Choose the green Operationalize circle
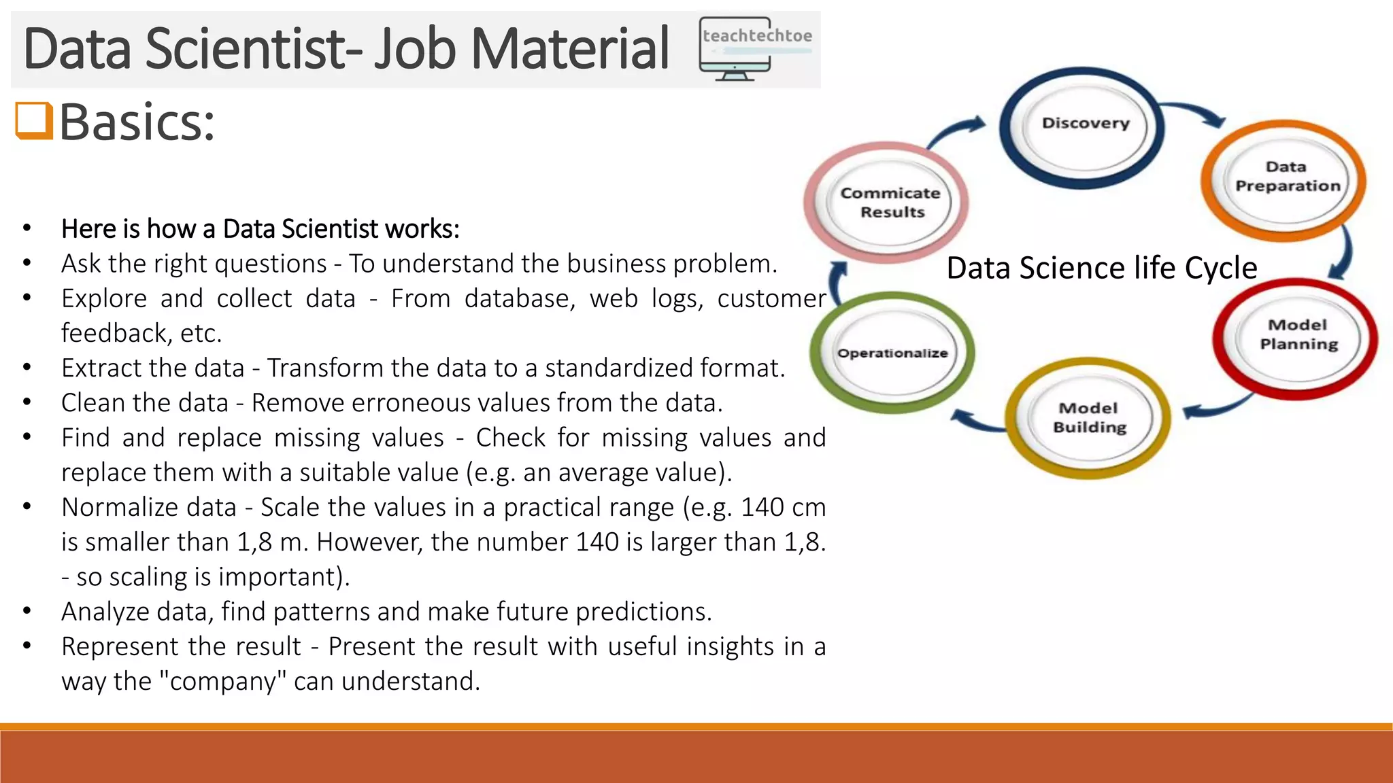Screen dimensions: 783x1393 pos(892,353)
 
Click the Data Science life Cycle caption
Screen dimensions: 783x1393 pos(1101,268)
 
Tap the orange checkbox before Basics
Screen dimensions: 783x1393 pos(33,120)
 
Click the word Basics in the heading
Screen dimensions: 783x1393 pos(137,122)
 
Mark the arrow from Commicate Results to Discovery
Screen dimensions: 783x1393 pos(956,131)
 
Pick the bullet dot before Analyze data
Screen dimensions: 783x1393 pos(27,611)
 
